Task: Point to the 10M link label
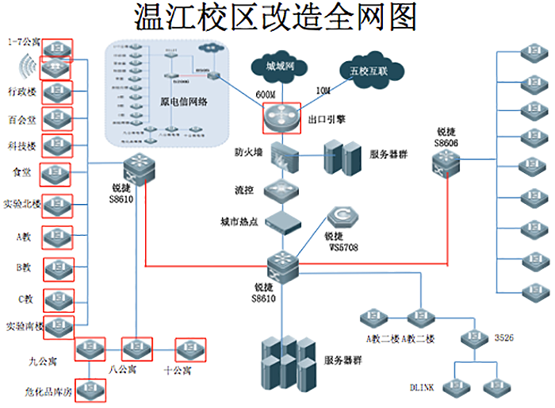(323, 91)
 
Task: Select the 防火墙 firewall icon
(283, 156)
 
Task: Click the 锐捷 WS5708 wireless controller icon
(343, 217)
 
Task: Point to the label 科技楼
(20, 146)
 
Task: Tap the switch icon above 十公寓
(189, 348)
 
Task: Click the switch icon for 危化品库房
(90, 387)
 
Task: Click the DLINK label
(422, 388)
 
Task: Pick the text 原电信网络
(185, 102)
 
